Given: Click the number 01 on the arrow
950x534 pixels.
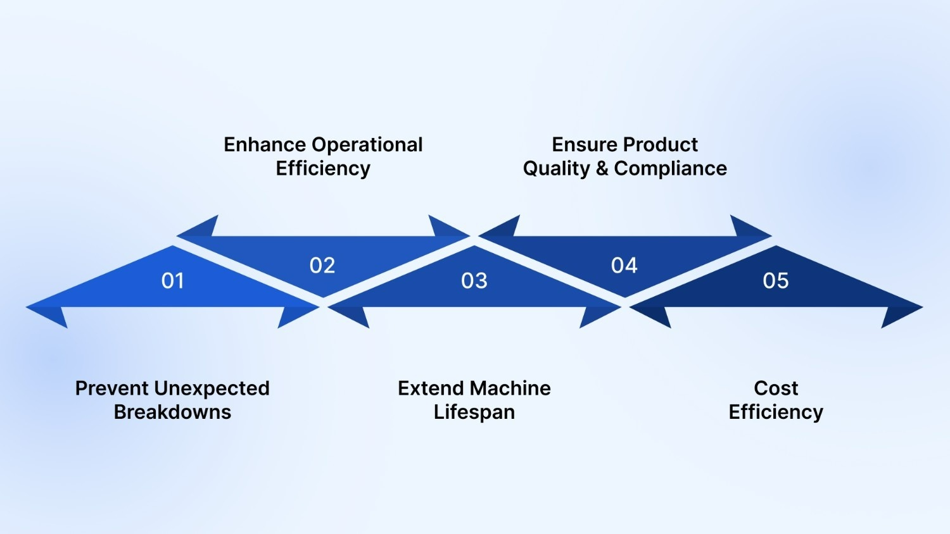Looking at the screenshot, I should pyautogui.click(x=172, y=280).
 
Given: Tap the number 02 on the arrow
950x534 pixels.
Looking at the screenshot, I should pyautogui.click(x=322, y=265).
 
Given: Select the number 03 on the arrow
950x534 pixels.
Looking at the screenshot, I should pyautogui.click(x=474, y=280).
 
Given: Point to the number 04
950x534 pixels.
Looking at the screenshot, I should pyautogui.click(x=624, y=265).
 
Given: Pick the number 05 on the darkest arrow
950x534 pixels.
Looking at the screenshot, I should pyautogui.click(x=776, y=280).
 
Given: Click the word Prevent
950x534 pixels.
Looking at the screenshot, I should pyautogui.click(x=112, y=388).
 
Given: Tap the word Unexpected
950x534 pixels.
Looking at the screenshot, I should pyautogui.click(x=212, y=388).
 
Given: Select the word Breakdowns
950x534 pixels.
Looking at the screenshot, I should pyautogui.click(x=172, y=412).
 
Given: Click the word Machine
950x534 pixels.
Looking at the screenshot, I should pyautogui.click(x=510, y=388).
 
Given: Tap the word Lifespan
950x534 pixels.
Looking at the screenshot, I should pyautogui.click(x=474, y=413).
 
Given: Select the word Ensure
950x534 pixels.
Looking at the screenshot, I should pyautogui.click(x=581, y=144).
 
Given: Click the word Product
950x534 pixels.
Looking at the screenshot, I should pyautogui.click(x=661, y=144).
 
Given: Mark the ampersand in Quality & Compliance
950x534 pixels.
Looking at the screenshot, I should pyautogui.click(x=602, y=168).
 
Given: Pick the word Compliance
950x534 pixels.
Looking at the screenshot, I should pyautogui.click(x=670, y=169).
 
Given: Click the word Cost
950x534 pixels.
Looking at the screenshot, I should pyautogui.click(x=776, y=388).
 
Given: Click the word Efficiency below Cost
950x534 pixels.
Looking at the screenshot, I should pyautogui.click(x=776, y=413).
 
